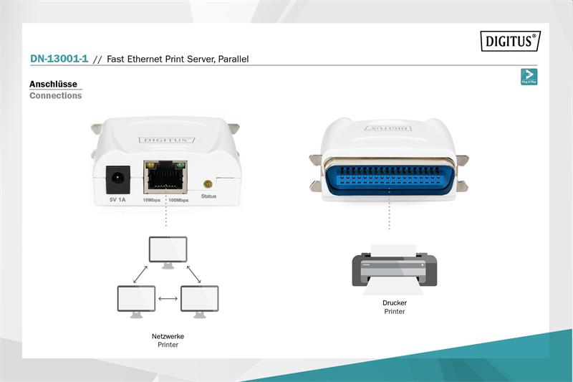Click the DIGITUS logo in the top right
pos(509,42)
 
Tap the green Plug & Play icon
pos(529,77)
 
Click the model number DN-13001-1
pos(59,59)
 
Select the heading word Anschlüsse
pos(53,84)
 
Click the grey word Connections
pos(55,95)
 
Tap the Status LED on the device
pos(208,183)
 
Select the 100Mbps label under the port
pos(178,200)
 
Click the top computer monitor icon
pos(167,252)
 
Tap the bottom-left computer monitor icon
pos(136,300)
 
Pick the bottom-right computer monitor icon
pos(199,300)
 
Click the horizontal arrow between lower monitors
pos(168,298)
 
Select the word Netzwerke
pos(168,336)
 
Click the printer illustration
pos(394,269)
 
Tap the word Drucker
pos(394,303)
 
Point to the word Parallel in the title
pos(232,59)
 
